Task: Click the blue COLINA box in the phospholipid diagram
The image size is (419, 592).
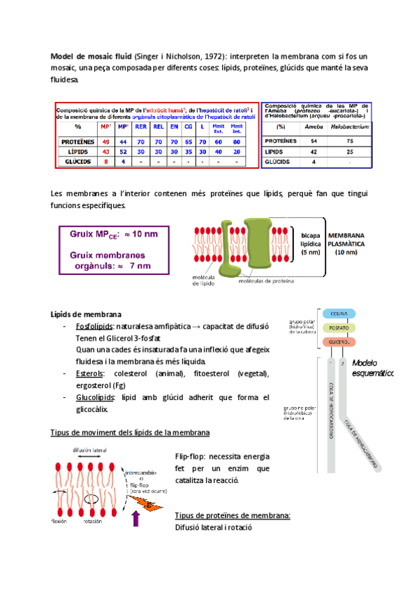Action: pos(339,314)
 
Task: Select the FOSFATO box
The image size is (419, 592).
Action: pos(339,327)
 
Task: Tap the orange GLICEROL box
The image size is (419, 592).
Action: pos(339,343)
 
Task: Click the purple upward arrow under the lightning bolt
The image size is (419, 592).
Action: pos(136,518)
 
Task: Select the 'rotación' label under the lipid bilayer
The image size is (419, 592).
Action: pos(94,521)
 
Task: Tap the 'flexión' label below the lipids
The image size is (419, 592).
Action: pos(59,521)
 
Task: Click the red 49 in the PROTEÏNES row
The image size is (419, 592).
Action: pos(105,141)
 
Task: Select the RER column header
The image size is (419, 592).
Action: pos(141,127)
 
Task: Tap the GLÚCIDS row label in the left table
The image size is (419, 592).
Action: pos(72,161)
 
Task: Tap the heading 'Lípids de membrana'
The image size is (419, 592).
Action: pos(87,313)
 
